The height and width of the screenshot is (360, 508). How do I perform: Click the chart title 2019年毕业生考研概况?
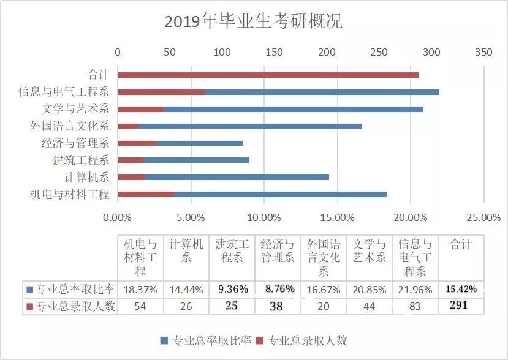tap(253, 21)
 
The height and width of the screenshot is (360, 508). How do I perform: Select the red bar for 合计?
tap(268, 75)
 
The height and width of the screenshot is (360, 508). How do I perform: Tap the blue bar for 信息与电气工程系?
tap(322, 92)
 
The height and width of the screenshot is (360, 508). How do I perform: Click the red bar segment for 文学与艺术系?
tap(141, 109)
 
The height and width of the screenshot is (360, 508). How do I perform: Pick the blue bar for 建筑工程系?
tap(196, 160)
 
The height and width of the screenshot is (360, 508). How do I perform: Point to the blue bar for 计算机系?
tap(237, 178)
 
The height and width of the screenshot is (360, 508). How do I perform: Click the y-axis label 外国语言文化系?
tap(69, 126)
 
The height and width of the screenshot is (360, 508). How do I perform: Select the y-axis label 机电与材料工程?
tap(69, 195)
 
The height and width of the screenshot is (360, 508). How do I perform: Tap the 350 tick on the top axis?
tap(483, 53)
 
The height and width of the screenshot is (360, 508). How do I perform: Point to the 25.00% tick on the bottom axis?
tap(483, 217)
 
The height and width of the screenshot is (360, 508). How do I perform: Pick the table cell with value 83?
tap(415, 306)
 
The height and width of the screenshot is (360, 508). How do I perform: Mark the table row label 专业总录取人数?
tap(70, 306)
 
